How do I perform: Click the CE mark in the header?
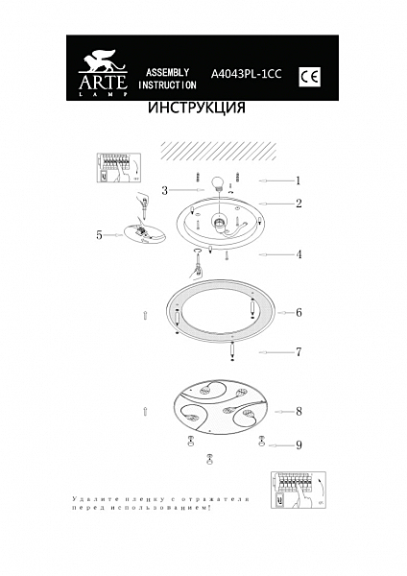click(x=309, y=75)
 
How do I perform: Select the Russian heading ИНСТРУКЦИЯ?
click(x=196, y=108)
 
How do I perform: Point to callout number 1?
click(x=299, y=180)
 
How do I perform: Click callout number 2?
click(x=299, y=204)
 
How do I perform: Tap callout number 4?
click(x=299, y=254)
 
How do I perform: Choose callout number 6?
click(x=299, y=313)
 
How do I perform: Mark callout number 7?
click(x=299, y=352)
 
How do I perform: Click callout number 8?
click(x=299, y=411)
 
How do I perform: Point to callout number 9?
click(x=299, y=444)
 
